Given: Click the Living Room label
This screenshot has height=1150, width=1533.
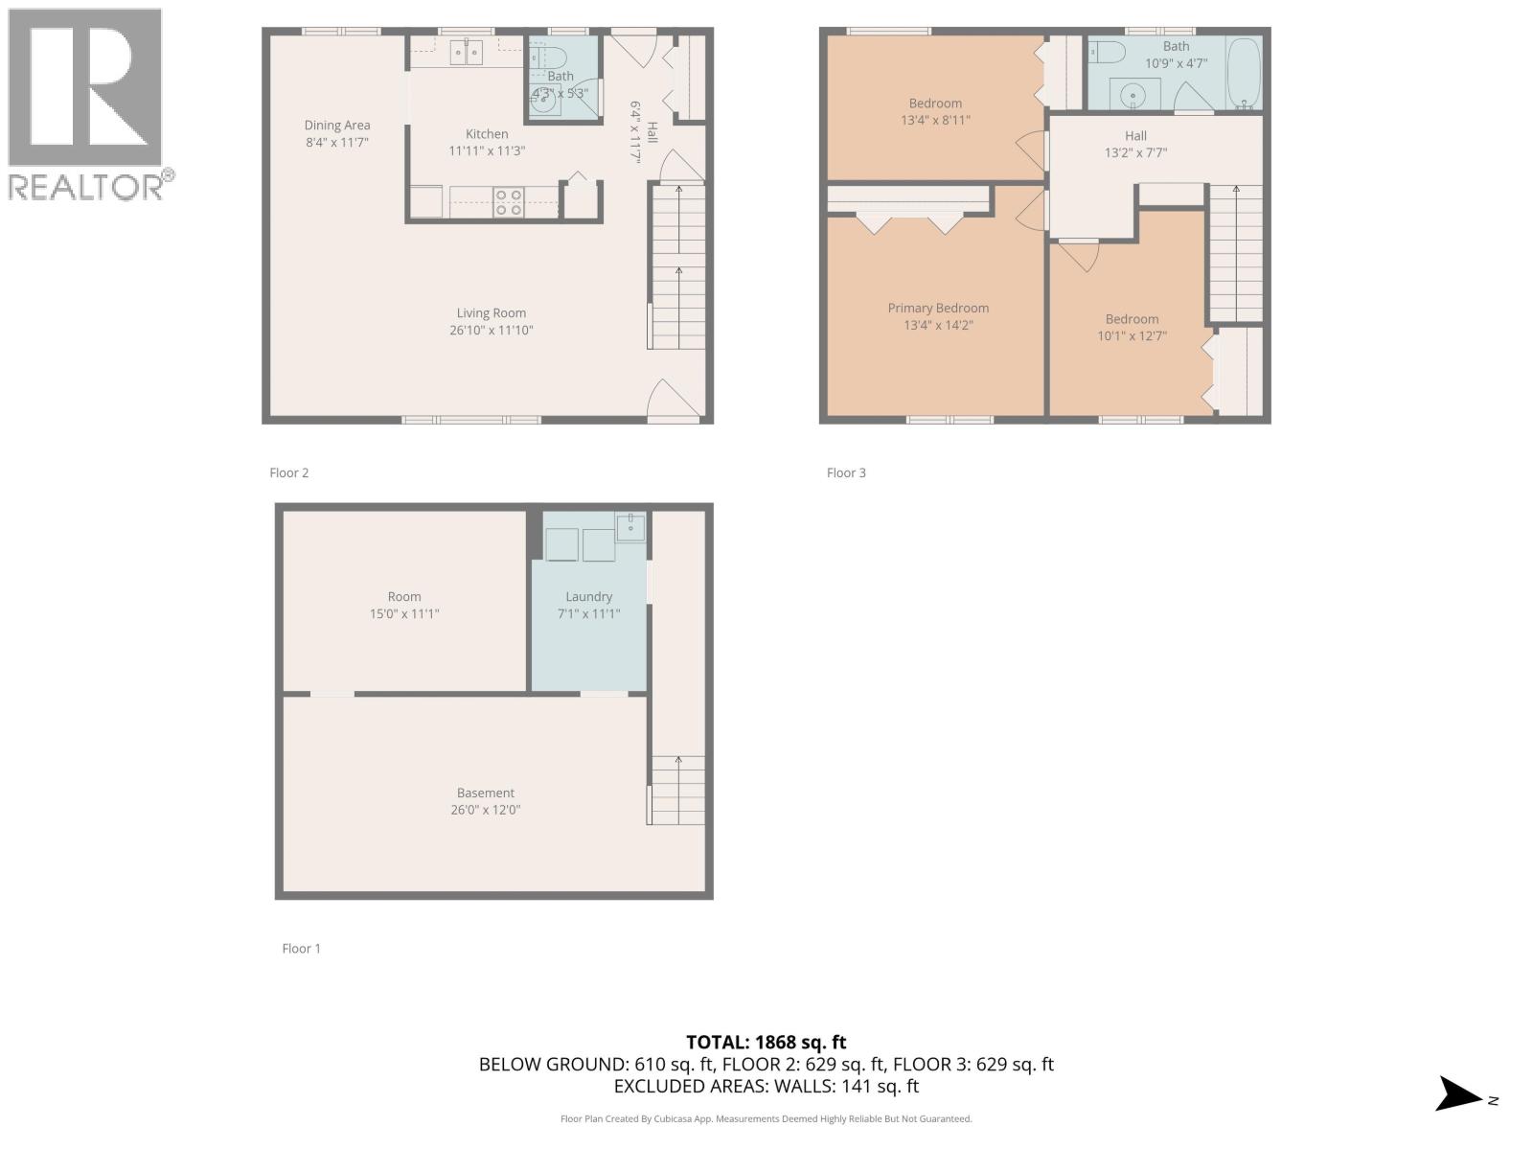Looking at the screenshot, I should (491, 313).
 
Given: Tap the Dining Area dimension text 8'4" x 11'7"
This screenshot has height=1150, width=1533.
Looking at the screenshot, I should (336, 142).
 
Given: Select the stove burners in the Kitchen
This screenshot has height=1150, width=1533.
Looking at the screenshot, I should (509, 201).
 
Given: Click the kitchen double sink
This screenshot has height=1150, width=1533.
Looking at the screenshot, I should (467, 52).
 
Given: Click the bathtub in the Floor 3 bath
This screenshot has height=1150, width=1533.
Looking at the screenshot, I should (1245, 73).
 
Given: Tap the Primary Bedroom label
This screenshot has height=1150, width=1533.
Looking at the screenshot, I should (938, 308).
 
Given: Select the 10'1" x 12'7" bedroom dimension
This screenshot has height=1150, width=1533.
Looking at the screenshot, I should (1132, 336).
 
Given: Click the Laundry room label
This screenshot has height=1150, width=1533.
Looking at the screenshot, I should (588, 596).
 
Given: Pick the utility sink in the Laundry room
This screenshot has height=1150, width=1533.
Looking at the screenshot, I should (630, 526).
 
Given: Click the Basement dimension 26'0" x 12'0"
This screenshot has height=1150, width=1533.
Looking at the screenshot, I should (486, 810).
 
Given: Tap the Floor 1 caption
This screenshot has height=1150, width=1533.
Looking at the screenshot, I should (301, 949).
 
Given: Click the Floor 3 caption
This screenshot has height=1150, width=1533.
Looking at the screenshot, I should (846, 472).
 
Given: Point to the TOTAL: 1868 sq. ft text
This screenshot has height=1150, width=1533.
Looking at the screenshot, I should (766, 1042).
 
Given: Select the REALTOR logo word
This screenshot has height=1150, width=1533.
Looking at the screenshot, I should (86, 186).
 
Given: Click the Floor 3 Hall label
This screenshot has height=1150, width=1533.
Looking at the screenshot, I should (1135, 136).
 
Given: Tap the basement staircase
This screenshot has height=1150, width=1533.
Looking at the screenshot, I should (677, 790).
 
